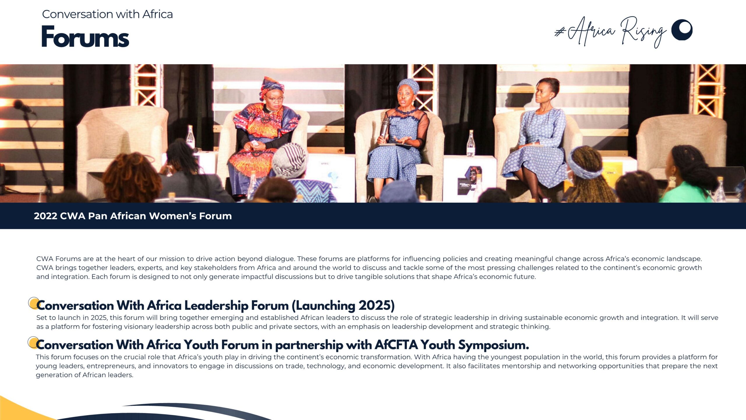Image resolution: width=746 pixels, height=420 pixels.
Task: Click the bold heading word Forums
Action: [x=85, y=36]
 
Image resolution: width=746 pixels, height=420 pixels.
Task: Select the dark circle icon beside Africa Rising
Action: [x=682, y=30]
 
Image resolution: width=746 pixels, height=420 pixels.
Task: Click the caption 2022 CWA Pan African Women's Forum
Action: [x=133, y=216]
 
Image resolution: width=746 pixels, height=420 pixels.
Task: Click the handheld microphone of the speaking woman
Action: [x=385, y=127]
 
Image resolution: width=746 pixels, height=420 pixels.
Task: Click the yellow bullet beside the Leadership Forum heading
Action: [x=34, y=303]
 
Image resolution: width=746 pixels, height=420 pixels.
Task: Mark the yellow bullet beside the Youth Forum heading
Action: [x=33, y=342]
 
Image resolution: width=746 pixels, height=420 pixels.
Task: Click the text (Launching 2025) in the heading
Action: [x=343, y=306]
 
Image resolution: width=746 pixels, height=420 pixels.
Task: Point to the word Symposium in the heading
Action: [x=493, y=345]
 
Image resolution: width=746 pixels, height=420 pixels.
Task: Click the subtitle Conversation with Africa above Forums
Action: [x=107, y=14]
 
